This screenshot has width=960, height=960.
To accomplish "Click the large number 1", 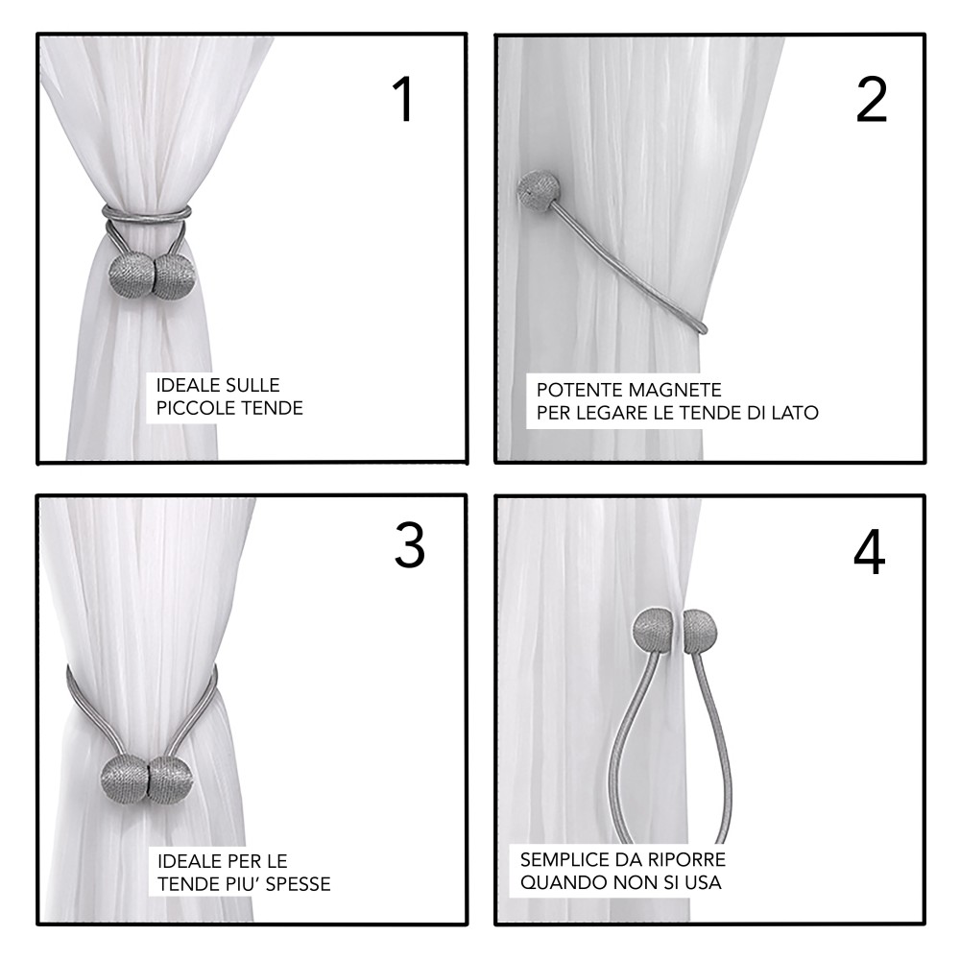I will coord(404,100).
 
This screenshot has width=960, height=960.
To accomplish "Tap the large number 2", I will coord(872,100).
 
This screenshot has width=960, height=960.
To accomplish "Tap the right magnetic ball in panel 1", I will coord(172,277).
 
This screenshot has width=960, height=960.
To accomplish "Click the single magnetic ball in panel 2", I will coord(535,193).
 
